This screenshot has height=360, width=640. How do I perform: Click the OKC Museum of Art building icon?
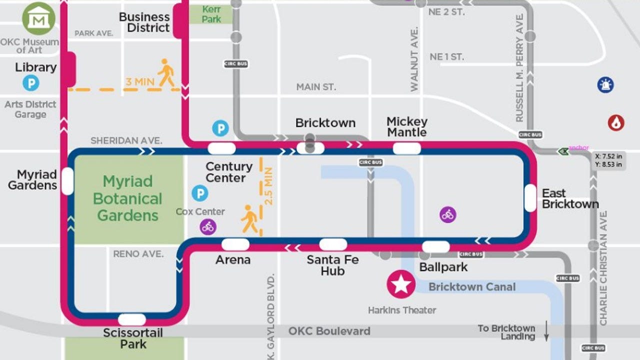coord(38,19)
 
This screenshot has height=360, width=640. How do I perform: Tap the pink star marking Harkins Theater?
coord(400,284)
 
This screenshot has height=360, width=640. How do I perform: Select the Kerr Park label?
coord(211,14)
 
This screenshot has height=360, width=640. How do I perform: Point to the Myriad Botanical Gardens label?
coord(127,198)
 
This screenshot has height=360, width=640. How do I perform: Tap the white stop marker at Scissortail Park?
coord(132,319)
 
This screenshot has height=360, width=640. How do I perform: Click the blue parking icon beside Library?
coord(30,82)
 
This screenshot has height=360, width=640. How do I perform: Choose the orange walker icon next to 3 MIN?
coord(166,73)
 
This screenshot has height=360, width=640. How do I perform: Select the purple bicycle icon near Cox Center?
coord(208,226)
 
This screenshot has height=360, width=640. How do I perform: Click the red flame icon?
coord(616,122)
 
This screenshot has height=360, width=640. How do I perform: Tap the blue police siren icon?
coord(605,84)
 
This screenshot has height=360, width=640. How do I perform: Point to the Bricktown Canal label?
coord(472,287)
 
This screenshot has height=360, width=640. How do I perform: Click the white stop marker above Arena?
coord(235,244)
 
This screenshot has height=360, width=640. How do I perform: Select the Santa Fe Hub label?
coord(332,265)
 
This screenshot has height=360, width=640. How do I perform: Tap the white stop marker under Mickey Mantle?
coord(406,148)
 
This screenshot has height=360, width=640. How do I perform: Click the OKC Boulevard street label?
coord(329,331)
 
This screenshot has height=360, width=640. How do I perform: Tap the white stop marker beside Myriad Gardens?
coord(67,181)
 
